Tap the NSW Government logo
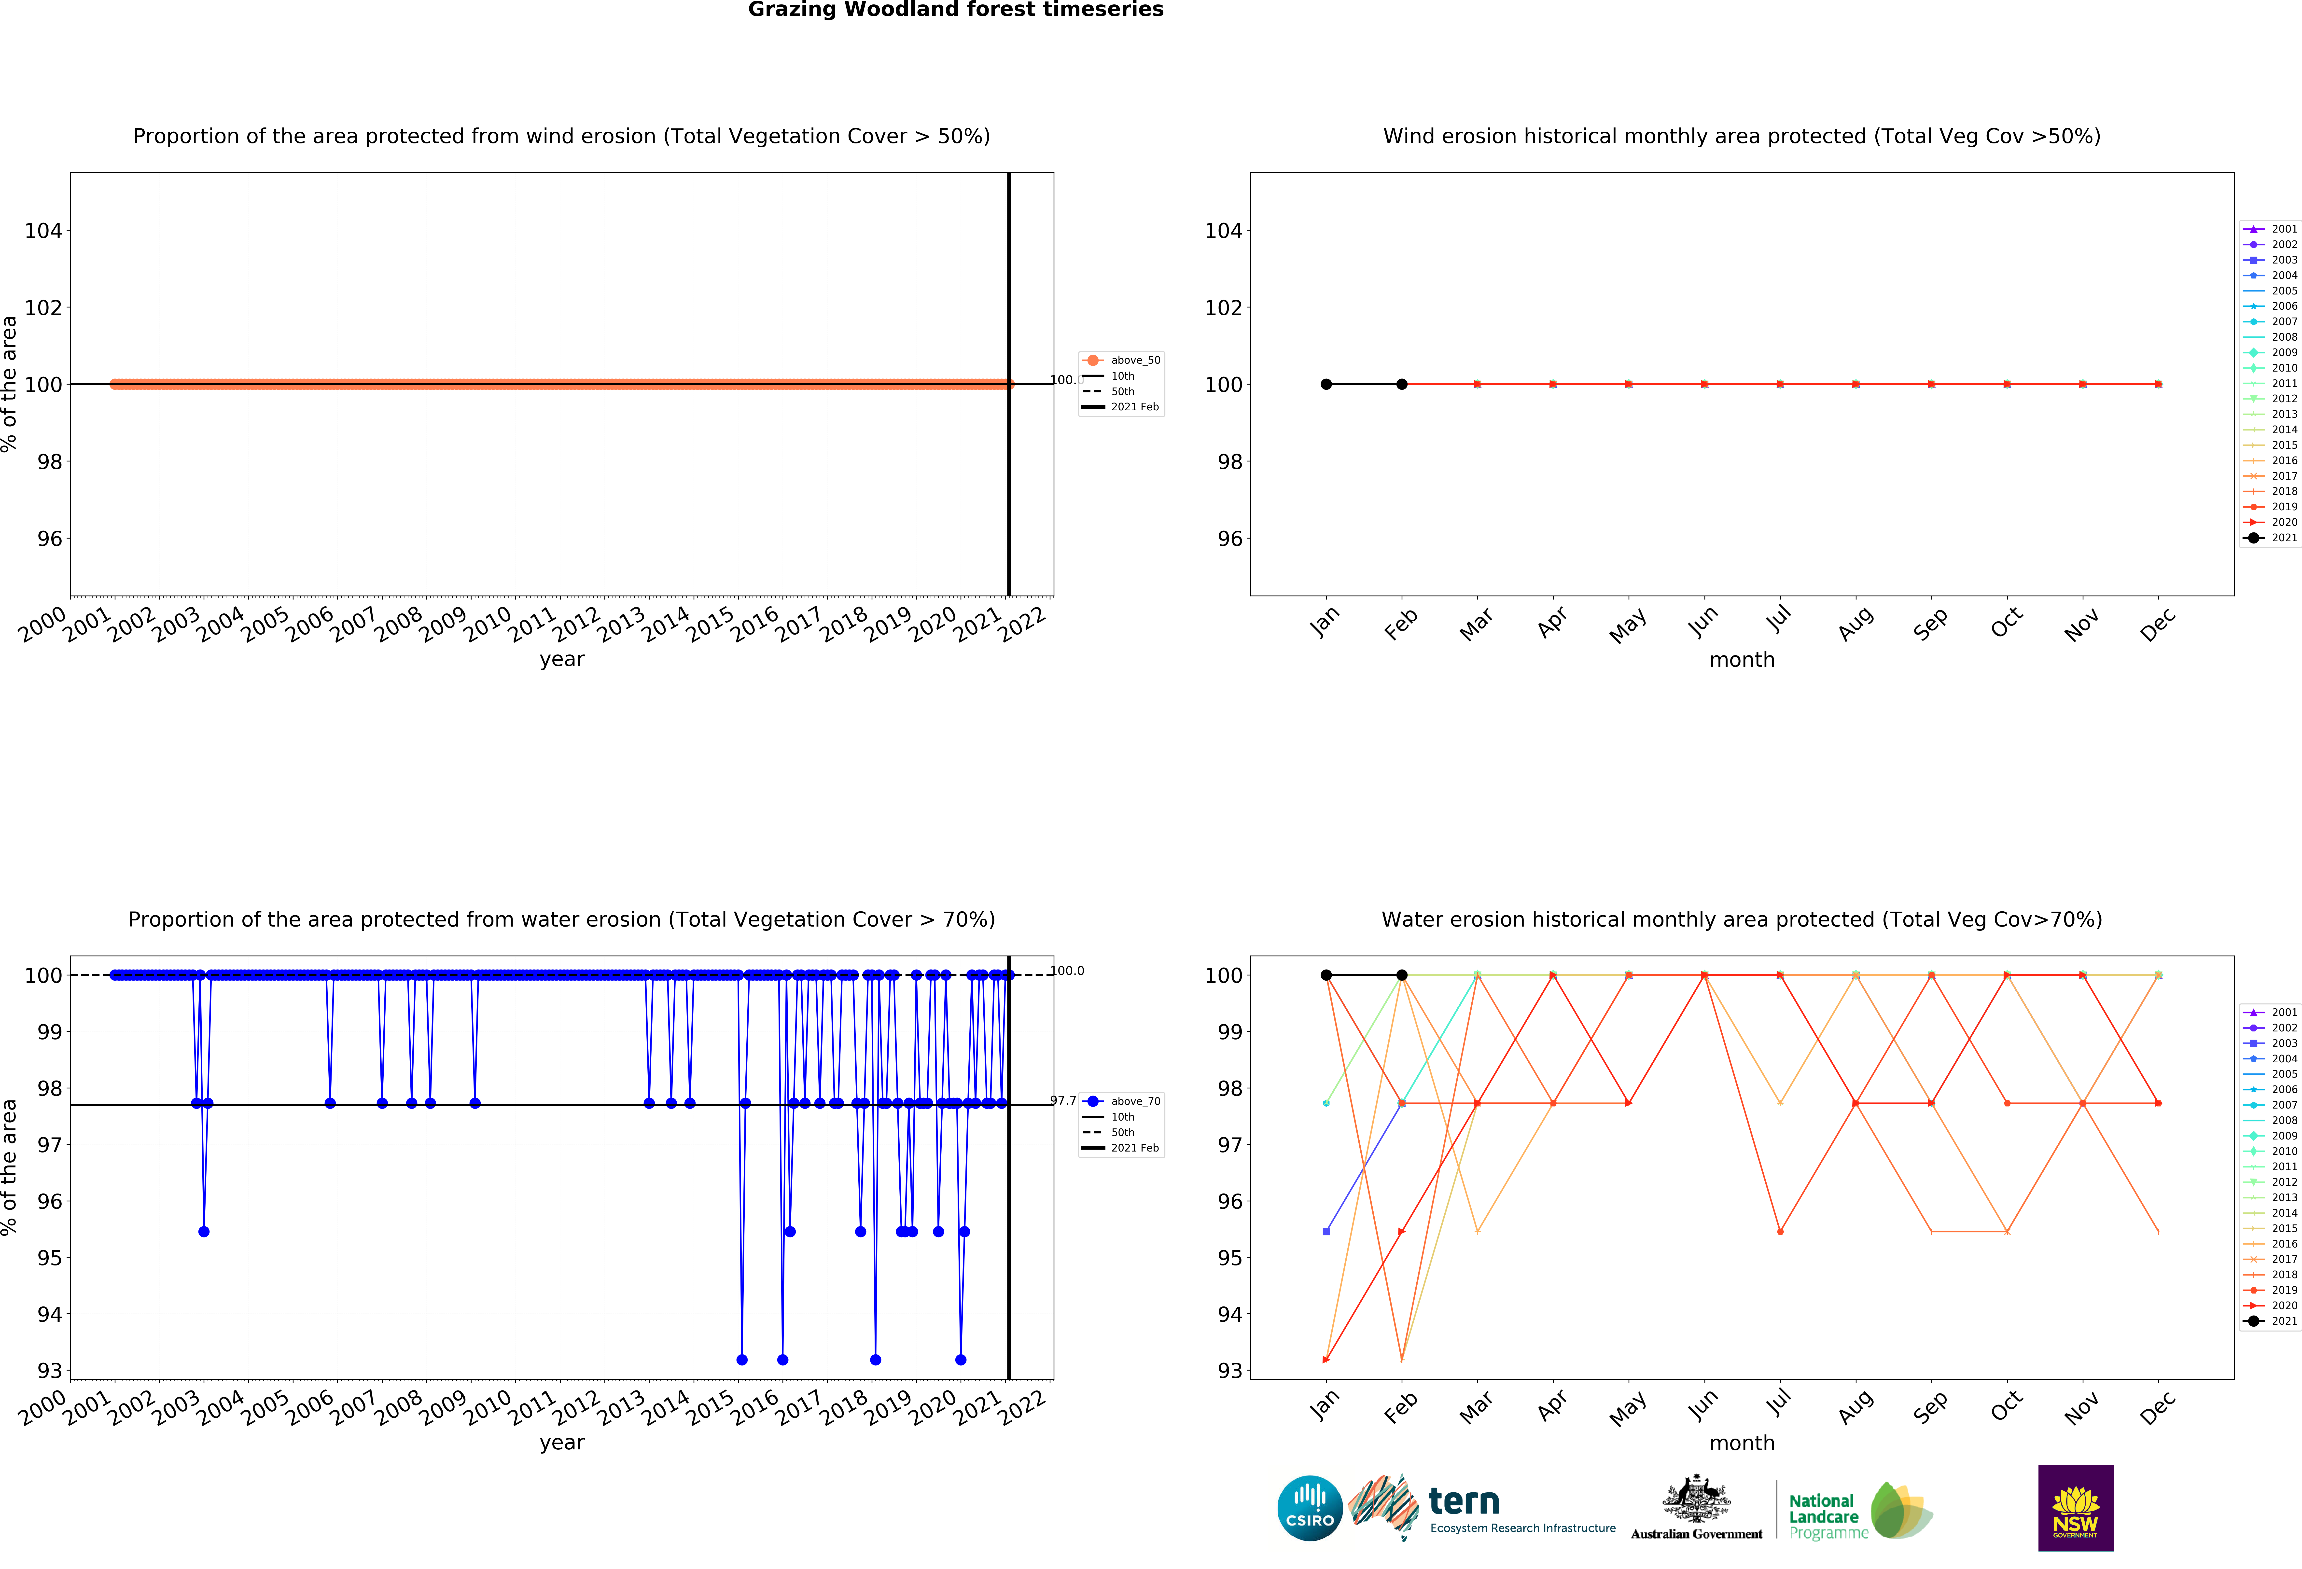point(2075,1508)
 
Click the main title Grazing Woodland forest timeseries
point(955,10)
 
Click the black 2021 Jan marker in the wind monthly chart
point(1326,384)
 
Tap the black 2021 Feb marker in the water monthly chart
point(1402,976)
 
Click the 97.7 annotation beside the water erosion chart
point(1063,1100)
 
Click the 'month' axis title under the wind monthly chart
point(1741,660)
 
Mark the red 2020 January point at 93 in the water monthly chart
point(1326,1360)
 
